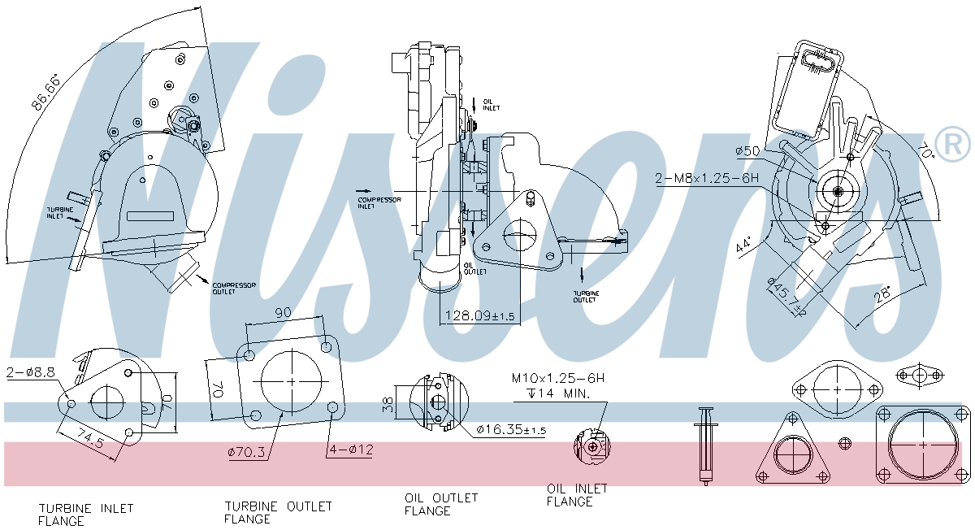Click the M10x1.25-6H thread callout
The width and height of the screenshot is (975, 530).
click(558, 378)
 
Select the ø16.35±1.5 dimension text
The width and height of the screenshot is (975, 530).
click(511, 429)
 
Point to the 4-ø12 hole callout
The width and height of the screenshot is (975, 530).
click(350, 449)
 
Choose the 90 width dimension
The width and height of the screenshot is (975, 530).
click(284, 313)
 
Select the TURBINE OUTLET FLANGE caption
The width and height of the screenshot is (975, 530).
click(278, 512)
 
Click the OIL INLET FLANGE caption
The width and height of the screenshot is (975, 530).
click(577, 495)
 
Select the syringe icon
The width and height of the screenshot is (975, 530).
click(705, 446)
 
